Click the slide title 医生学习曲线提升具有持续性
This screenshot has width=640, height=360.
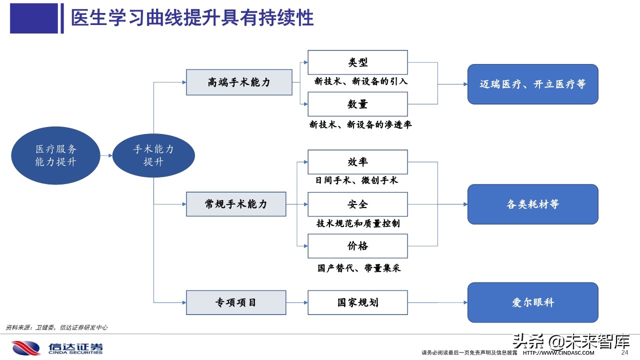pos(192,18)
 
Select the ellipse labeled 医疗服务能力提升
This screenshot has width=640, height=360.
pos(55,155)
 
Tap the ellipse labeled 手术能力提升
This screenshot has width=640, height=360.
pos(153,155)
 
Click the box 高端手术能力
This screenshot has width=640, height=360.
pos(239,82)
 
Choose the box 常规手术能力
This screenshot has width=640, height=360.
pos(236,204)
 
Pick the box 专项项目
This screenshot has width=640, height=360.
pos(236,302)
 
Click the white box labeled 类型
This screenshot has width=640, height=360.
pos(357,62)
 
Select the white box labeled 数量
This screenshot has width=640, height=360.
pos(357,104)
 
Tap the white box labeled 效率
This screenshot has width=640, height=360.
pos(357,162)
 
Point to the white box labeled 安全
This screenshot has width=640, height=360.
pos(357,204)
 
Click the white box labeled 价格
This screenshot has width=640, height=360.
pos(357,246)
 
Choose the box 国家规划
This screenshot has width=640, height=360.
pos(357,302)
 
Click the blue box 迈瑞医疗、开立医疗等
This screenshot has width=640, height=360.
pos(532,84)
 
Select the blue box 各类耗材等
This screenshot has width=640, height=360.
pos(532,204)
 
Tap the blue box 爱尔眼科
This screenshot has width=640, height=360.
pos(532,302)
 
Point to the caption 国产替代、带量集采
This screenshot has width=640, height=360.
pos(359,268)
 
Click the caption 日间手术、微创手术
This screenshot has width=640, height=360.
pos(356,180)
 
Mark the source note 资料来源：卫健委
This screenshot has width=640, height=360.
pos(56,327)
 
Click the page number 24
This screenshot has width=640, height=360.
pos(624,352)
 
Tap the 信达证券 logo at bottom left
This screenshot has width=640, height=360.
pos(57,348)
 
